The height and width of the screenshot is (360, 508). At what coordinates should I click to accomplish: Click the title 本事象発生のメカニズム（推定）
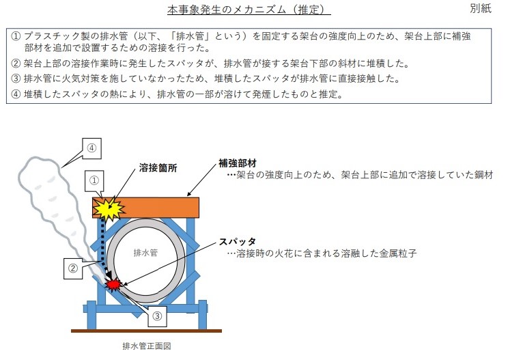click(x=249, y=10)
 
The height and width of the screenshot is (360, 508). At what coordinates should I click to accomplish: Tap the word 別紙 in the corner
click(x=481, y=8)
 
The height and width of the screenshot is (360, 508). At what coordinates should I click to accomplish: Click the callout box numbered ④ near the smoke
click(x=91, y=148)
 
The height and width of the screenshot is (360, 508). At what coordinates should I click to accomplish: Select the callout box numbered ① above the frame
click(x=94, y=180)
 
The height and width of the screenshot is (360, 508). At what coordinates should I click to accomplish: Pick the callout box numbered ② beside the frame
click(x=73, y=268)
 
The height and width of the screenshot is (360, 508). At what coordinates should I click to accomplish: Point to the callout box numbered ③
click(x=157, y=316)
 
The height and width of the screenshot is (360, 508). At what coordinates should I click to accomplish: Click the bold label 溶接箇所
click(x=158, y=168)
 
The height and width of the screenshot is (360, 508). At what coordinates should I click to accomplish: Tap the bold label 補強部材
click(x=238, y=163)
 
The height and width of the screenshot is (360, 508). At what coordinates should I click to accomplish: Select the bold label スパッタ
click(x=238, y=241)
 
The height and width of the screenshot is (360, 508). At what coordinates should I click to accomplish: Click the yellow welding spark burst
click(x=109, y=208)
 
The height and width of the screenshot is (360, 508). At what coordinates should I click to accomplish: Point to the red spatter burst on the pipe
click(x=113, y=285)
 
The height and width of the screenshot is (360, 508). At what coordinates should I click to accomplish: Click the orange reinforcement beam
click(x=146, y=208)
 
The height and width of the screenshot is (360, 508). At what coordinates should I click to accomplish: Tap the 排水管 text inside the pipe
click(x=145, y=253)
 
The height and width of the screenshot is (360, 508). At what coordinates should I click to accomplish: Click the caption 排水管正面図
click(x=147, y=346)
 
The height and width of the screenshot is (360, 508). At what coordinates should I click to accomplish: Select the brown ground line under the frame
click(x=146, y=331)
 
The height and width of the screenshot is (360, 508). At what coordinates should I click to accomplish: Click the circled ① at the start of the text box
click(x=16, y=36)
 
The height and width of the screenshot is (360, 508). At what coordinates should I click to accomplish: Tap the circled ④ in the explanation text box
click(x=16, y=94)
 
